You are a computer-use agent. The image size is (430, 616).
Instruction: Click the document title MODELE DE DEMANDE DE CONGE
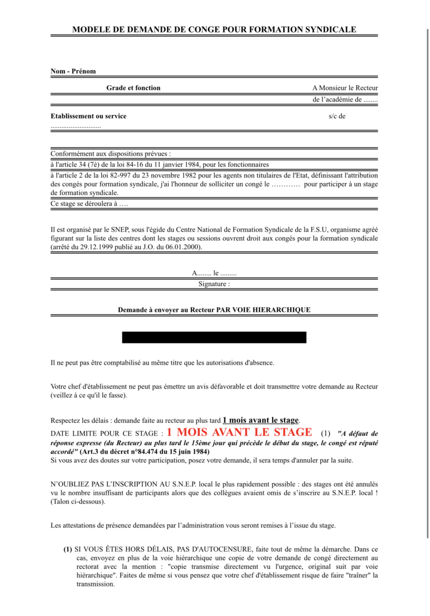click(x=214, y=30)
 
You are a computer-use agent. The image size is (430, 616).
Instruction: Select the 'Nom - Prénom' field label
click(x=73, y=72)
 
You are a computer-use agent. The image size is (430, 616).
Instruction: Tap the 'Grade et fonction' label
click(x=133, y=88)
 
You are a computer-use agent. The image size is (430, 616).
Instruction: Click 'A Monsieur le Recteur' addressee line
click(x=345, y=88)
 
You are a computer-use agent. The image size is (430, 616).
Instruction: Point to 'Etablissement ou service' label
click(x=88, y=116)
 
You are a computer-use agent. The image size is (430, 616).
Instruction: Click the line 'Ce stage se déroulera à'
click(x=89, y=204)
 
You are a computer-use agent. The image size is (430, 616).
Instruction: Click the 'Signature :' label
click(x=214, y=284)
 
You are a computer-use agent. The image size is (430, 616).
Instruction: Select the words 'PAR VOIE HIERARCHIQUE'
click(x=263, y=310)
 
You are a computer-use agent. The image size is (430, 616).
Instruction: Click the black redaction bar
click(x=214, y=337)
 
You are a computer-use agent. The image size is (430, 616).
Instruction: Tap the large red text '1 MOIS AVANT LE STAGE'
click(x=239, y=432)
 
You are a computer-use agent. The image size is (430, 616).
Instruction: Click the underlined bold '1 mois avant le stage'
click(x=261, y=420)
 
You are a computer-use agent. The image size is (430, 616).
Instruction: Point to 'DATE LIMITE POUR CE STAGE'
click(x=106, y=434)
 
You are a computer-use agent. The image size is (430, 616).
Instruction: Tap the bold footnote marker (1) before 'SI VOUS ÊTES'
click(x=68, y=549)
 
